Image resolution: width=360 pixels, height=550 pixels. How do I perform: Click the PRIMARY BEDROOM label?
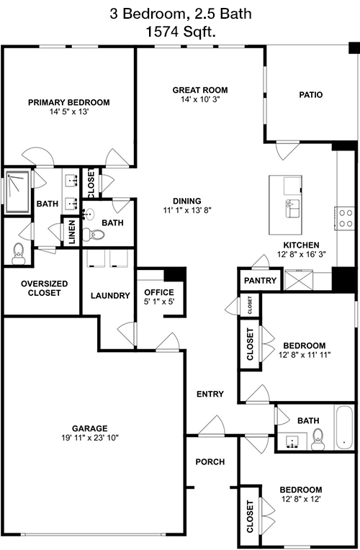(x=69, y=102)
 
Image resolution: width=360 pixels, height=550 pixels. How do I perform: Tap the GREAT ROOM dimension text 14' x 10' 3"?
(x=200, y=99)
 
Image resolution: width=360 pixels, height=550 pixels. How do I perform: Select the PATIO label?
(x=311, y=95)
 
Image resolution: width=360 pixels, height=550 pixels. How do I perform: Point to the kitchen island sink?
(x=293, y=209)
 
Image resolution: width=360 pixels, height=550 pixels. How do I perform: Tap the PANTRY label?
(x=261, y=281)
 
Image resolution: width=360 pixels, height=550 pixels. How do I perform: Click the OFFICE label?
(x=159, y=292)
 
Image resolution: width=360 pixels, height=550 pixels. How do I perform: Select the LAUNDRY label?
(x=110, y=296)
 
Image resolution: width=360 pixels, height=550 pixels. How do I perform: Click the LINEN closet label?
(x=72, y=232)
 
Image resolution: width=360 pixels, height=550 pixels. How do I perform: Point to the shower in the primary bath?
(x=17, y=192)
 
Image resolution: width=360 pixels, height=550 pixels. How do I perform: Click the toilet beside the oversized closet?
(x=18, y=254)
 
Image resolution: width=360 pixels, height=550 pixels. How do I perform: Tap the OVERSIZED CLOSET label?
(x=44, y=288)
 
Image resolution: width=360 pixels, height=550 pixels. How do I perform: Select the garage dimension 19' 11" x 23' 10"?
(x=90, y=438)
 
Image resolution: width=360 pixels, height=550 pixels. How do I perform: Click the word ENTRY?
(x=210, y=395)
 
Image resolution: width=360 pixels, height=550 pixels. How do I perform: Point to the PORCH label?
(x=210, y=462)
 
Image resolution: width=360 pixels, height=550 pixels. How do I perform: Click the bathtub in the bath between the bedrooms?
(x=344, y=428)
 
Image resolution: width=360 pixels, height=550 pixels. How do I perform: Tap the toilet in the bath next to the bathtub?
(x=318, y=440)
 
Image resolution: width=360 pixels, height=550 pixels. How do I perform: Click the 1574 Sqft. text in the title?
(x=180, y=32)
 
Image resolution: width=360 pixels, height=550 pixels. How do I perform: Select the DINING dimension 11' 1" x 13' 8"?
(x=187, y=210)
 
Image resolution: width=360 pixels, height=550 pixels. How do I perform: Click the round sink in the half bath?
(x=89, y=215)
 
